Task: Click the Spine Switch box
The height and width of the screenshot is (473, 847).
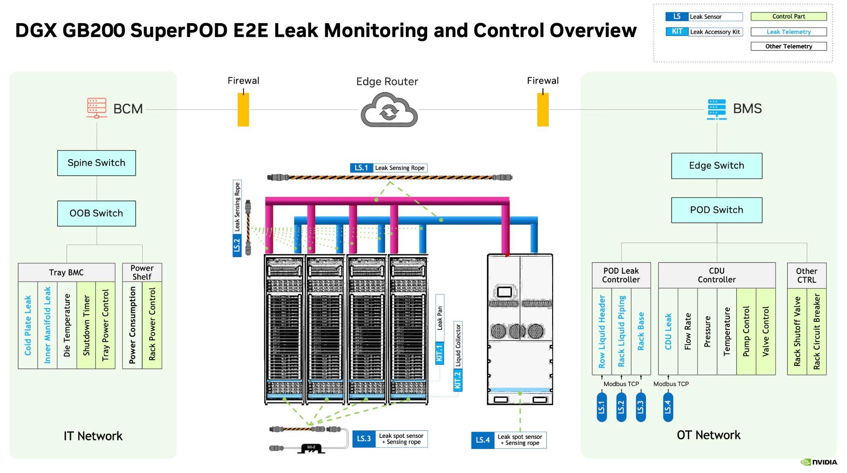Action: click(x=96, y=163)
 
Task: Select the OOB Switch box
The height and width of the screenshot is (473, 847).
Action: click(x=96, y=213)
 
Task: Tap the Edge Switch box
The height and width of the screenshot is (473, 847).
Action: click(x=716, y=166)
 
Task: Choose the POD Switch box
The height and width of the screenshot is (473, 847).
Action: click(x=716, y=210)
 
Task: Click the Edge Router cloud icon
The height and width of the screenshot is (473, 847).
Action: click(x=389, y=110)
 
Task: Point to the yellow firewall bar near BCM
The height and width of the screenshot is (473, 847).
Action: click(x=243, y=110)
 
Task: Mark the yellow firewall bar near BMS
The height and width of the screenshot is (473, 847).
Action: click(x=543, y=110)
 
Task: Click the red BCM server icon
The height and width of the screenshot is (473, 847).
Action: click(x=96, y=108)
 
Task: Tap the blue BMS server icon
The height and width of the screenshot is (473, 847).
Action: click(x=716, y=109)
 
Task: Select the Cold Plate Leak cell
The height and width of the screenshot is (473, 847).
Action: click(x=28, y=325)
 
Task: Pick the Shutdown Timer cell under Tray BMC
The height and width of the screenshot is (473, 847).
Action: click(x=86, y=325)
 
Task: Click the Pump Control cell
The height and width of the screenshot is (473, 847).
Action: click(x=746, y=332)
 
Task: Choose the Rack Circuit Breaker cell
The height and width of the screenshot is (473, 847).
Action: click(x=816, y=332)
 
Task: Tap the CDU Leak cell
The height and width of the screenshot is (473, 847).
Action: click(x=668, y=332)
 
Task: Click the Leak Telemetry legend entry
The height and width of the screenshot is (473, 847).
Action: click(x=788, y=32)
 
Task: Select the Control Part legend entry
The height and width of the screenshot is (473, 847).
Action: click(x=788, y=17)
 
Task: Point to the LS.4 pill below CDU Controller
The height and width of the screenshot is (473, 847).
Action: click(x=668, y=407)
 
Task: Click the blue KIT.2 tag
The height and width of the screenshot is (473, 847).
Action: click(x=458, y=380)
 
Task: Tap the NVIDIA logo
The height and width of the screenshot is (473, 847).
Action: click(x=819, y=462)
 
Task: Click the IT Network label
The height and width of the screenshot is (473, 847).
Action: click(x=93, y=436)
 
